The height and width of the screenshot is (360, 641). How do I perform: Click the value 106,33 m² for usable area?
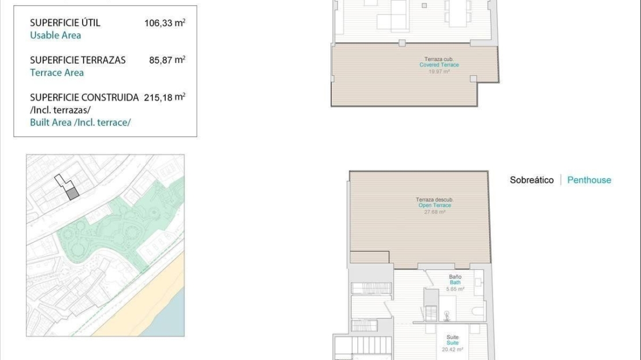click(x=165, y=23)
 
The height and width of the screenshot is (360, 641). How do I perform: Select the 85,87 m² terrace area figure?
click(x=167, y=60)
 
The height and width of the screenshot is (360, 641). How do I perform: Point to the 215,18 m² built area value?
click(x=165, y=97)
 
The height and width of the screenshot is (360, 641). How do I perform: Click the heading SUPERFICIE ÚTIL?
click(x=65, y=23)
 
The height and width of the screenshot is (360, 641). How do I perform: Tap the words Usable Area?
click(x=55, y=36)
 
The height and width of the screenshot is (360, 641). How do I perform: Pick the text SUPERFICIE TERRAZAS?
click(x=78, y=60)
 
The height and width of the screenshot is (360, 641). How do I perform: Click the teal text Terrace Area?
click(x=57, y=73)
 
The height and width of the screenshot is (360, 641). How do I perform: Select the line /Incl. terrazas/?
click(x=60, y=110)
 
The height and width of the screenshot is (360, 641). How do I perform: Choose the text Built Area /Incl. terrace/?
click(x=80, y=123)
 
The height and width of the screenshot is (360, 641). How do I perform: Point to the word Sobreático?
click(x=531, y=180)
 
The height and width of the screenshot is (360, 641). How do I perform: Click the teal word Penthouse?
click(x=589, y=180)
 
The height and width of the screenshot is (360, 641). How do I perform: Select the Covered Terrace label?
click(x=439, y=65)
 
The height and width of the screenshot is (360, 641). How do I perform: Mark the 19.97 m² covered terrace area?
click(x=439, y=72)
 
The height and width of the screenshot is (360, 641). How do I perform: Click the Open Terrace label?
click(x=435, y=205)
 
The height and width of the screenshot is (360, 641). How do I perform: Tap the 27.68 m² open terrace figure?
click(x=435, y=212)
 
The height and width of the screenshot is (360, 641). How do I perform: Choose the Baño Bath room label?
click(x=455, y=280)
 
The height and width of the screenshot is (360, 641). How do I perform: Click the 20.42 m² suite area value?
click(x=453, y=350)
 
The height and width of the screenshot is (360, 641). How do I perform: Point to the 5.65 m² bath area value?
click(x=455, y=290)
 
